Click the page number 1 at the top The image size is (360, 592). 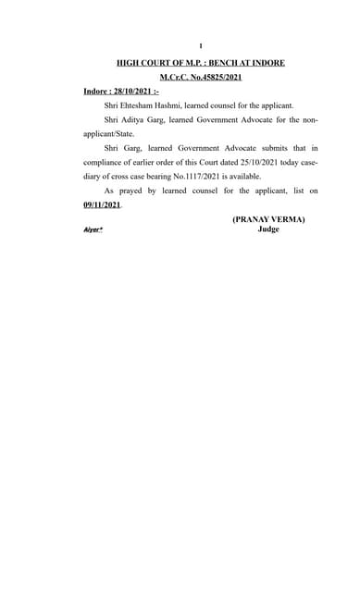tap(201, 45)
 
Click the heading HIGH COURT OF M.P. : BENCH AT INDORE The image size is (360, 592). tap(200, 62)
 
